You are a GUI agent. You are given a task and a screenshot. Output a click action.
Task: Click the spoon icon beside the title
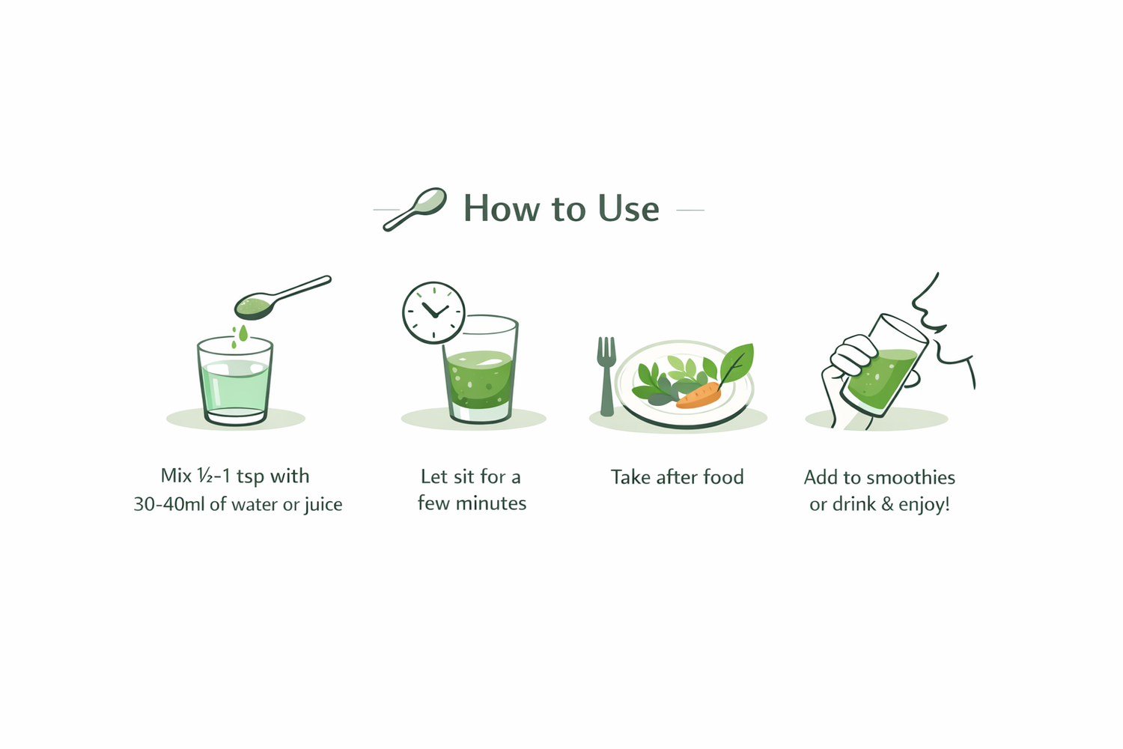415,209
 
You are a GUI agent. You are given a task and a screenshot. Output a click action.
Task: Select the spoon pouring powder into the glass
283,297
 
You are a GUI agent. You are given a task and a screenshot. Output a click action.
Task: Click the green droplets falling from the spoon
240,336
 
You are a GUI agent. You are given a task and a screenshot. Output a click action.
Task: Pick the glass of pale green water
234,381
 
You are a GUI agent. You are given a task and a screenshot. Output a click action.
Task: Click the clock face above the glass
433,312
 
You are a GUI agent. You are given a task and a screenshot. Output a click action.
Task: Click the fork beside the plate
606,376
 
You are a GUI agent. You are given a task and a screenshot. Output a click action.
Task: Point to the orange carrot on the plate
699,395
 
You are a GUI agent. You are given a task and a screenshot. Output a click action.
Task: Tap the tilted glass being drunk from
884,366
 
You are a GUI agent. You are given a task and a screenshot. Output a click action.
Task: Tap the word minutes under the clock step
491,503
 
